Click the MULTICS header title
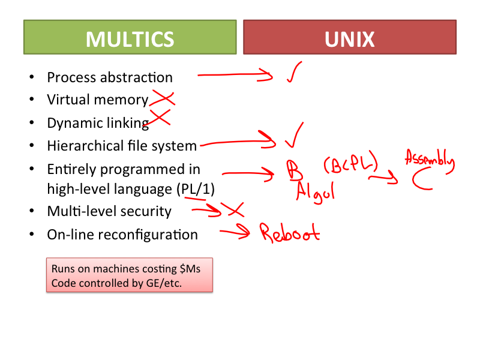pyautogui.click(x=130, y=39)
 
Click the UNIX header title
pyautogui.click(x=349, y=39)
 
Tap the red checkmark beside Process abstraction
pyautogui.click(x=293, y=73)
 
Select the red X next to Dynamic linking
pyautogui.click(x=159, y=118)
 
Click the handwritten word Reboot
pyautogui.click(x=289, y=232)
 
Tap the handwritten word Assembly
pyautogui.click(x=430, y=160)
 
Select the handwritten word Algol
pyautogui.click(x=315, y=192)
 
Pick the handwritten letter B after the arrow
pyautogui.click(x=294, y=172)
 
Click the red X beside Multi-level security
pyautogui.click(x=232, y=209)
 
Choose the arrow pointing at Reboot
pyautogui.click(x=235, y=232)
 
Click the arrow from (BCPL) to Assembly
pyautogui.click(x=383, y=177)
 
